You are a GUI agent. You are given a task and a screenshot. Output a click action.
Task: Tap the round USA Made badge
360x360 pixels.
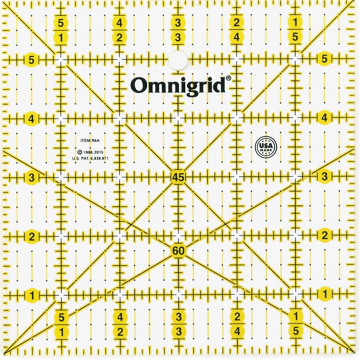point(265,147)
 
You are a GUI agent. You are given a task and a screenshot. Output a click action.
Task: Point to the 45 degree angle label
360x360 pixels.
point(178,177)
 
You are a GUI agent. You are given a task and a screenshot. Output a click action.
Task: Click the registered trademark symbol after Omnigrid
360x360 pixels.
point(228,78)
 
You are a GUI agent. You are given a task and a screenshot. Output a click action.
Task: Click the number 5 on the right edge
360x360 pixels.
point(325,58)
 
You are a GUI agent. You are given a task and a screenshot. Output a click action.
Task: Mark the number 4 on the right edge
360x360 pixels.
point(325,117)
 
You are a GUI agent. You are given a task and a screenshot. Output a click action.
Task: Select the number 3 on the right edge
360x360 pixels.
point(325,176)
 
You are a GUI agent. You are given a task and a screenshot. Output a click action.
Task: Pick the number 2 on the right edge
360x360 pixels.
point(325,235)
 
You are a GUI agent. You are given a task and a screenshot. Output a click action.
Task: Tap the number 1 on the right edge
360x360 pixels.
point(325,294)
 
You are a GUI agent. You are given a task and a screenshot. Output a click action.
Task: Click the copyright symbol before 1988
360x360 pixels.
point(79,153)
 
